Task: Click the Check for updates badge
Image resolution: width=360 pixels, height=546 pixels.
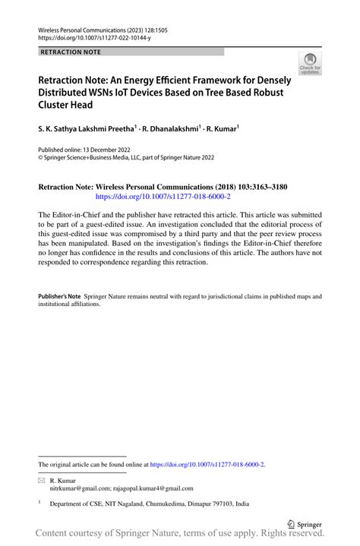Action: tap(309, 64)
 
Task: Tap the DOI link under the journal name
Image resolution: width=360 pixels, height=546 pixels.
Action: tap(90, 36)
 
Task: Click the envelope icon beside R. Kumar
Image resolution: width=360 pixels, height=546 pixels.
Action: tap(42, 481)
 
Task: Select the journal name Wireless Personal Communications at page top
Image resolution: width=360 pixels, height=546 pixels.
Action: tap(81, 27)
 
